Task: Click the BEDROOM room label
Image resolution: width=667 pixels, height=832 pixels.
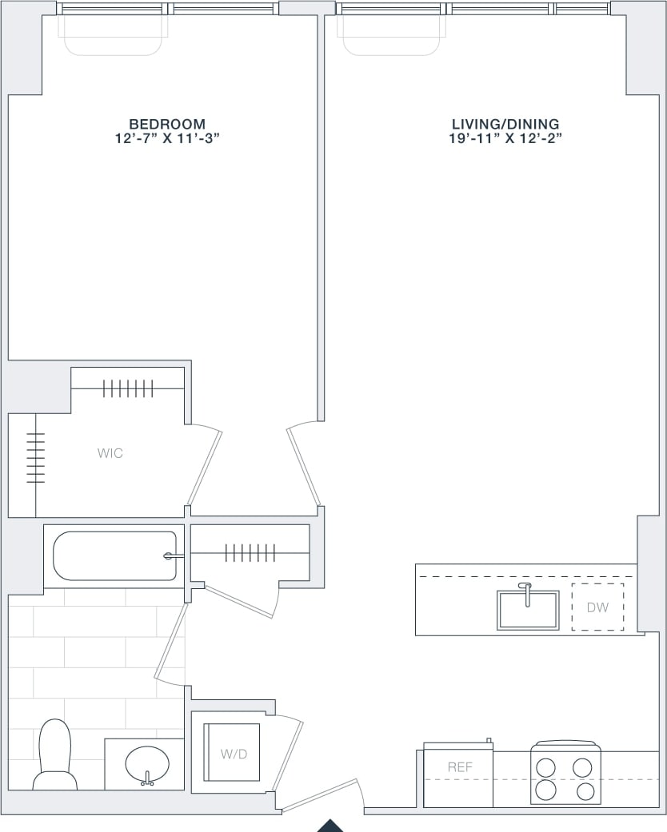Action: (167, 124)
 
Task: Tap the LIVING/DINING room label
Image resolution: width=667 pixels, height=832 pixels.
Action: (505, 124)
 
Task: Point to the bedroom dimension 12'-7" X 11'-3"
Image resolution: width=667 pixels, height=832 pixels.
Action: (167, 138)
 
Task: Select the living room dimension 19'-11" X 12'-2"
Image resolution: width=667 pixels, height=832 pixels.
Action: (505, 138)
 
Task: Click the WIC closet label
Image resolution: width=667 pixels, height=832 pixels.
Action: (110, 453)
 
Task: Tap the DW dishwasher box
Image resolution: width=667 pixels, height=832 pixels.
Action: (597, 607)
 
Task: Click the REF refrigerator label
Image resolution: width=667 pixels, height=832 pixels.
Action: (460, 767)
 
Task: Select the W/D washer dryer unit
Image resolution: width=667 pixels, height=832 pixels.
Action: (231, 753)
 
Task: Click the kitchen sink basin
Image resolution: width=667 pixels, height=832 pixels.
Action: (528, 611)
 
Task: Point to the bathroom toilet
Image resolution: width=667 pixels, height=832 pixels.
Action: (54, 755)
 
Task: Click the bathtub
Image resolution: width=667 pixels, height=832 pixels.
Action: (114, 556)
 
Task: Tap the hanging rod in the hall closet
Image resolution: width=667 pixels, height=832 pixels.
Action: (250, 552)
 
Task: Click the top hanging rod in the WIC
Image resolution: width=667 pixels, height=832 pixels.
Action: (128, 389)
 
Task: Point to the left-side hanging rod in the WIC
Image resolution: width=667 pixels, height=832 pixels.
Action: (36, 458)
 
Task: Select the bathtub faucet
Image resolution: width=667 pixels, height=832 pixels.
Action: (170, 556)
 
